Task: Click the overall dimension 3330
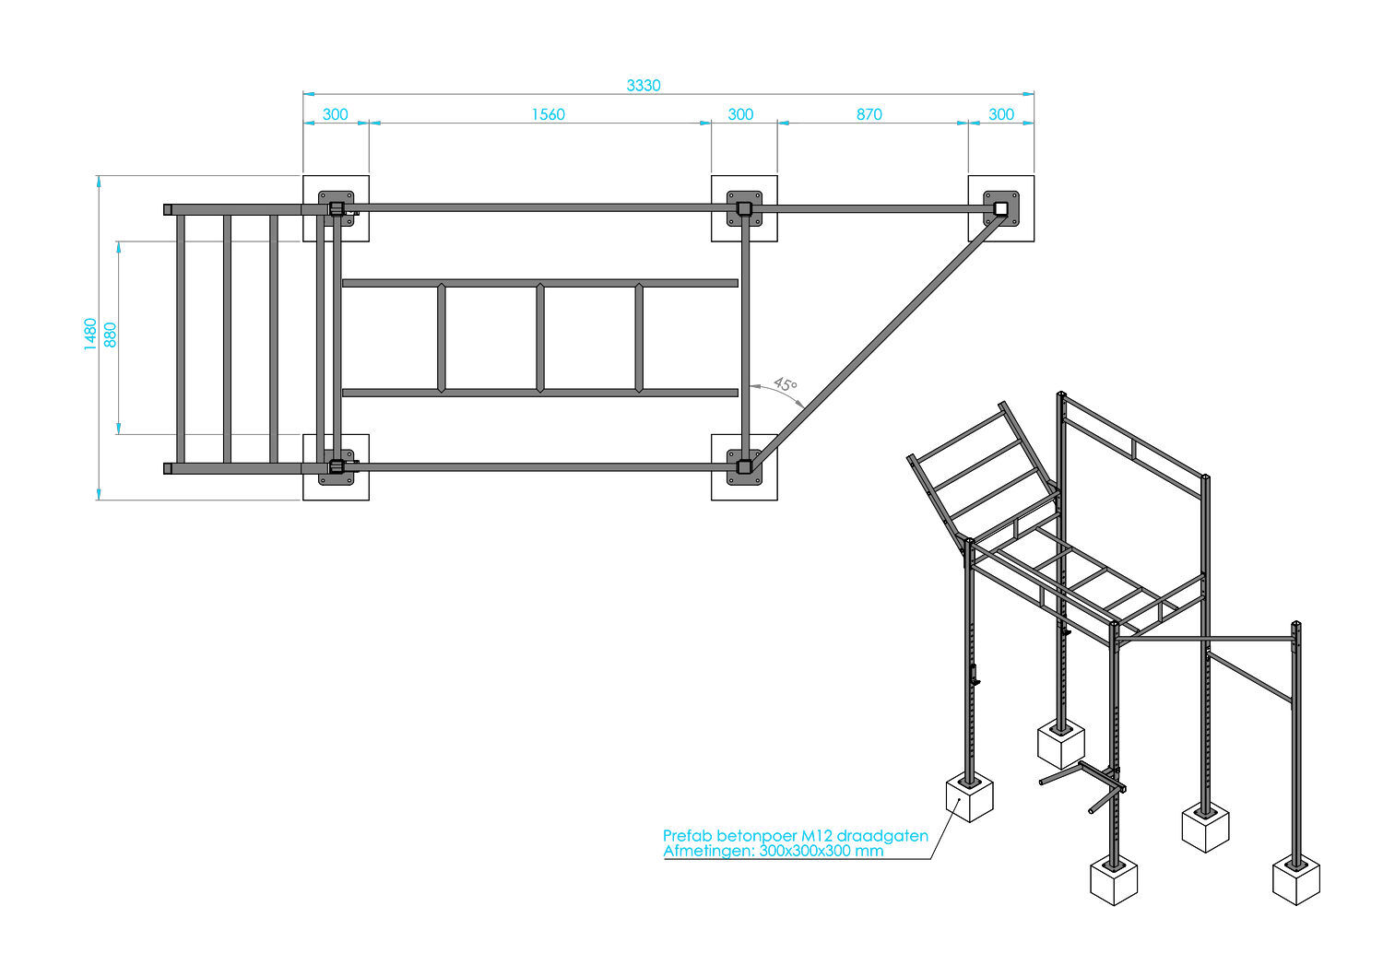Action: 644,85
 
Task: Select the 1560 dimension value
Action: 548,114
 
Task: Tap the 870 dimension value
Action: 869,114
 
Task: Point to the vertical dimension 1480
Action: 90,334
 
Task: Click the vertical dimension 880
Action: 112,334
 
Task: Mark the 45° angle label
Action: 785,384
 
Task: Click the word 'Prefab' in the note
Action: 688,836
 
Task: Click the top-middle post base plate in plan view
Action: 744,208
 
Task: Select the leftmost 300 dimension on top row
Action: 336,114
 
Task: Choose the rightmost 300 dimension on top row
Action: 1000,114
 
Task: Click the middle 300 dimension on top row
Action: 740,114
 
